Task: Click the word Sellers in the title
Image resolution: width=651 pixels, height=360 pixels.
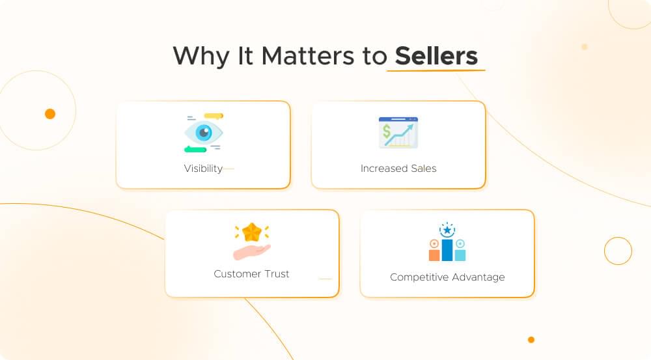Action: (436, 56)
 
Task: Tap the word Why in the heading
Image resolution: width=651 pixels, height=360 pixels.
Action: (193, 56)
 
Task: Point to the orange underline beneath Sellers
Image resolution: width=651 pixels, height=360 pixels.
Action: (436, 70)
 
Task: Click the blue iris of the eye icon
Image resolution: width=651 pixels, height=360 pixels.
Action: (204, 133)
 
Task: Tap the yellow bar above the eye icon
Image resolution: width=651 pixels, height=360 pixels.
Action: (214, 116)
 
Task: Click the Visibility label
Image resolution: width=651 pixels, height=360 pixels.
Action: (203, 169)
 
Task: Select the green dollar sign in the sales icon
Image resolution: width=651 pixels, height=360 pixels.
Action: (387, 133)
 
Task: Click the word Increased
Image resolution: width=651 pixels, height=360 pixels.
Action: (383, 169)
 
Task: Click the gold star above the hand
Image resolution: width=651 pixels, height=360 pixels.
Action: (252, 232)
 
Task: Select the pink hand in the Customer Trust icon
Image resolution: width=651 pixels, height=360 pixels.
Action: (251, 251)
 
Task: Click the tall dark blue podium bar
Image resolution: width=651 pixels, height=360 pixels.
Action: (447, 249)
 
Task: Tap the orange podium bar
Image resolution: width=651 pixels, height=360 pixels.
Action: (434, 254)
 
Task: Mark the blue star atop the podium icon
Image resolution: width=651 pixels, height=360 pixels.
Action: (447, 230)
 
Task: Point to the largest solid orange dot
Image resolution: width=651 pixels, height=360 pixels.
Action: (50, 114)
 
